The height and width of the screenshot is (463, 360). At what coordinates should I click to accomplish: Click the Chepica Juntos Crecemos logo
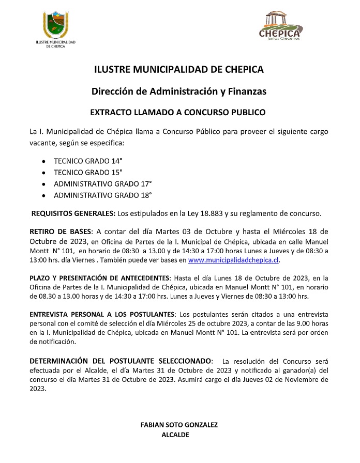(x=280, y=27)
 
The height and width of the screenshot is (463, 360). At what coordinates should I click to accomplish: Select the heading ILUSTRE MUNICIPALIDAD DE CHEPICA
(x=179, y=69)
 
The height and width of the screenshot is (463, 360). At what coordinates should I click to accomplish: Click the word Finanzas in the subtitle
(x=246, y=91)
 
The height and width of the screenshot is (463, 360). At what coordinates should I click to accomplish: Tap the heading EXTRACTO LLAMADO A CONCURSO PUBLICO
(x=178, y=112)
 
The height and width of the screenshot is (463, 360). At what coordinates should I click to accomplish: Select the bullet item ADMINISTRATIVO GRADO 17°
(x=102, y=183)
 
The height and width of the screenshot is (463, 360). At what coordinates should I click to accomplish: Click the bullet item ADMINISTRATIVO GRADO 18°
(x=102, y=195)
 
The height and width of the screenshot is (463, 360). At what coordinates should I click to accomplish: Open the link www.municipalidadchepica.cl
(x=234, y=260)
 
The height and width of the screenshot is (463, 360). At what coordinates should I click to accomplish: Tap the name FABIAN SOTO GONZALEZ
(x=179, y=425)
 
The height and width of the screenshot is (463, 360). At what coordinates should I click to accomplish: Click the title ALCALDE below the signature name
(x=175, y=435)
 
